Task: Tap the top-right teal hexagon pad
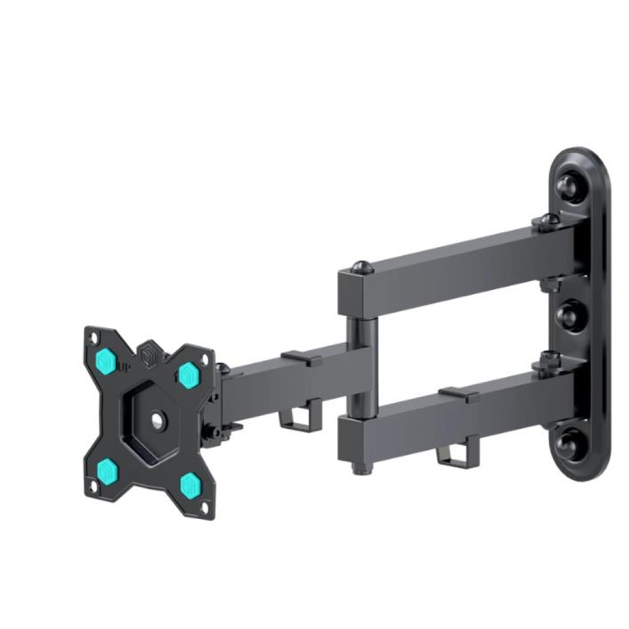click(x=188, y=375)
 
